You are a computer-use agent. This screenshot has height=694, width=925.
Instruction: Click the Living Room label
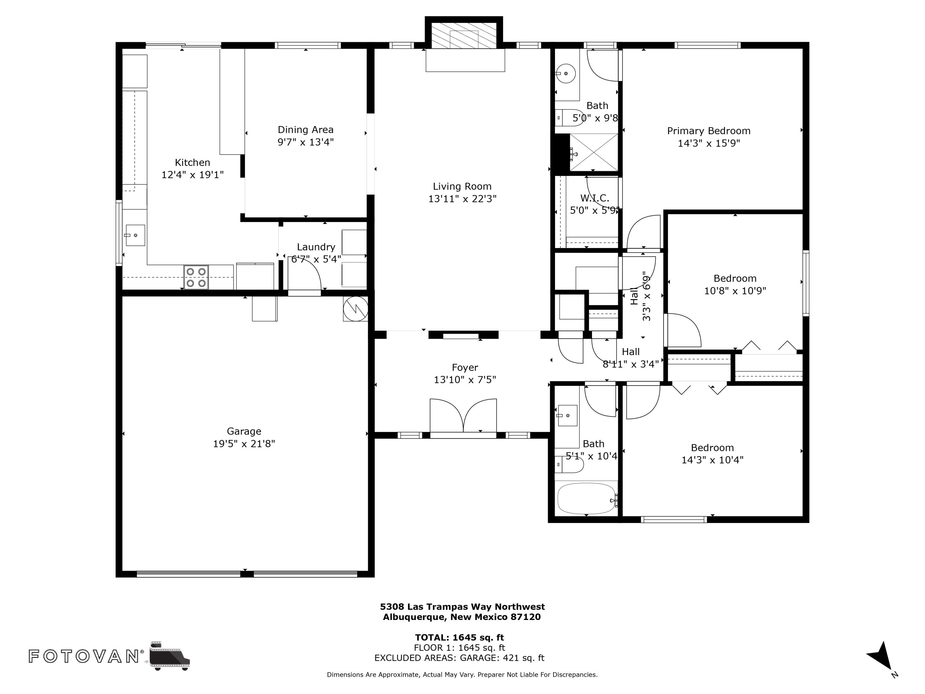[x=462, y=187]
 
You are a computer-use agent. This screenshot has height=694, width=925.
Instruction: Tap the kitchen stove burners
[x=196, y=277]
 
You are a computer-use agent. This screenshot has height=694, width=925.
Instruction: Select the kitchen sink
[x=135, y=236]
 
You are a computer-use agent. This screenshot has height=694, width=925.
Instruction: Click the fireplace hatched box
[x=464, y=35]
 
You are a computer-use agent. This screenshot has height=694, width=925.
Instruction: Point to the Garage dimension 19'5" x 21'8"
[x=244, y=444]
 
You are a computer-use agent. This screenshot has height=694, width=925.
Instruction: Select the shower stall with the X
[x=594, y=152]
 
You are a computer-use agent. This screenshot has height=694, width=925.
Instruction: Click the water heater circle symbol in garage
[x=356, y=309]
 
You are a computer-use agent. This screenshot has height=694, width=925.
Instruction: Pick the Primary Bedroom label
[x=709, y=131]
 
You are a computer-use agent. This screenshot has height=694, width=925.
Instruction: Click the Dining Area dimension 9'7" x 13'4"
[x=306, y=142]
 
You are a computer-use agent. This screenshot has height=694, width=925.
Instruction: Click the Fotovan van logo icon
[x=169, y=655]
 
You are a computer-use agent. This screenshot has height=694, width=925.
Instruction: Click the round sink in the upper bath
[x=566, y=74]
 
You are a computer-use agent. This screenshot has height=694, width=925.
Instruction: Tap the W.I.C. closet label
[x=595, y=198]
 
